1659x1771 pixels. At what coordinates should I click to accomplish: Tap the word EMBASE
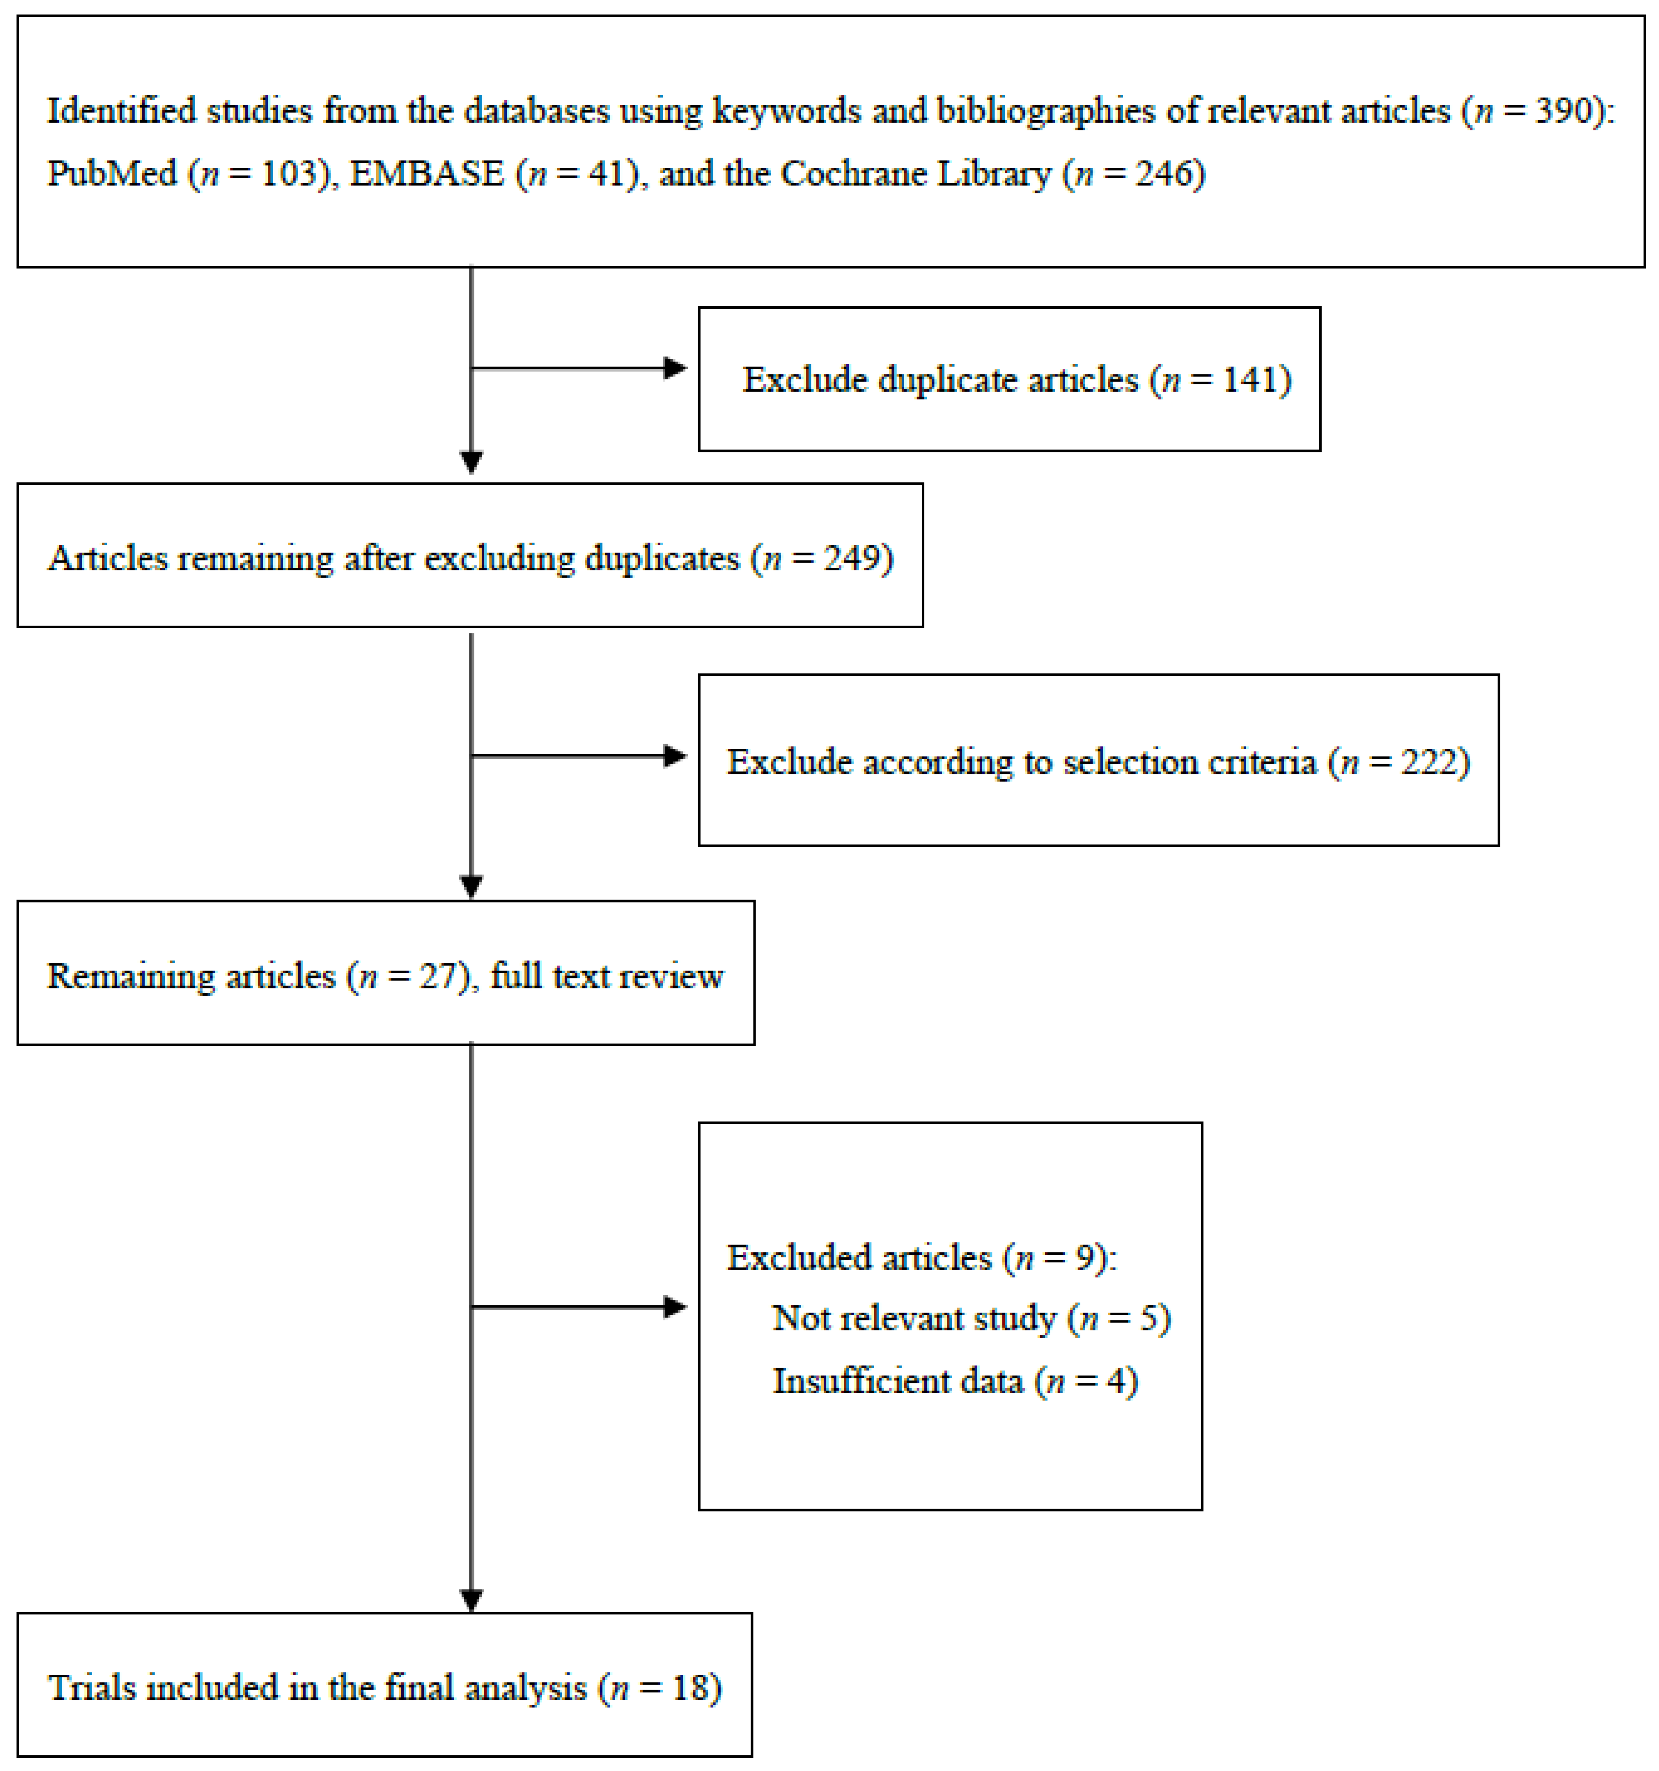427,173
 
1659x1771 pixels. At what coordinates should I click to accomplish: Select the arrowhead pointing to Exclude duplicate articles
675,368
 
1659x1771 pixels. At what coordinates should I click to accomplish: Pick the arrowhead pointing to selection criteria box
675,756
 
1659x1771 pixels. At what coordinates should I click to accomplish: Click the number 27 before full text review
437,976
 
